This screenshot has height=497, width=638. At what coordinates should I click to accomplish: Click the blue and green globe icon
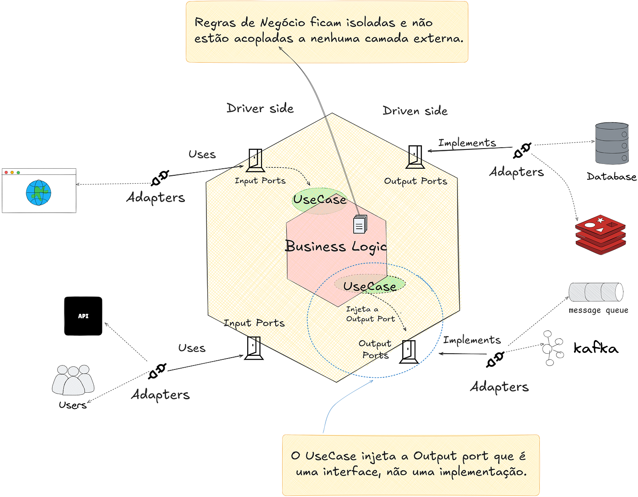(x=39, y=193)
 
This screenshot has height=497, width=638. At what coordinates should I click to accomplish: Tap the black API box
(x=83, y=316)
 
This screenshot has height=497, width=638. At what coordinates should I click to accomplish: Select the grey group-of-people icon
(x=73, y=380)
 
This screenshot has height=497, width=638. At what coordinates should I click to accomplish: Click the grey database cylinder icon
(x=612, y=143)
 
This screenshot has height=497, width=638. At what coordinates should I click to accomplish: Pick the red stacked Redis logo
(x=600, y=234)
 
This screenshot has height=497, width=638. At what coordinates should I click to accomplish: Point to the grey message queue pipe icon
(x=596, y=292)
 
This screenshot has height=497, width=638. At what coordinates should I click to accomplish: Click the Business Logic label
(x=336, y=246)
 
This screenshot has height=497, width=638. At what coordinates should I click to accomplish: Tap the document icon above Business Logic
(x=359, y=225)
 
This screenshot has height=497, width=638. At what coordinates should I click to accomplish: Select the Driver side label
(x=260, y=108)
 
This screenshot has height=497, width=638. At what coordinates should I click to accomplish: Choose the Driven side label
(x=415, y=110)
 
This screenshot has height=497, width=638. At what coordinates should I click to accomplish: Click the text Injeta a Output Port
(x=370, y=314)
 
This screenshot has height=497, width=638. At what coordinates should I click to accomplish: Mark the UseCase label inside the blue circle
(x=369, y=286)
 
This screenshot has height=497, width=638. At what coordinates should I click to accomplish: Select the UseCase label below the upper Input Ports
(x=319, y=199)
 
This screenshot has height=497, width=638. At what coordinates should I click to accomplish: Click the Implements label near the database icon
(x=467, y=143)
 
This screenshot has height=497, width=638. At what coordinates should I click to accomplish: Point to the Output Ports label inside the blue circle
(x=375, y=349)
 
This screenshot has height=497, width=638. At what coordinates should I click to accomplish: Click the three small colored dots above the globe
(x=12, y=172)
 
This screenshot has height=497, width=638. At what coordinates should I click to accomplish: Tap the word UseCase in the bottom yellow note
(x=330, y=456)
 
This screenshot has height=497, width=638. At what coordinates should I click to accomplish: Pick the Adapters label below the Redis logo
(x=499, y=387)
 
